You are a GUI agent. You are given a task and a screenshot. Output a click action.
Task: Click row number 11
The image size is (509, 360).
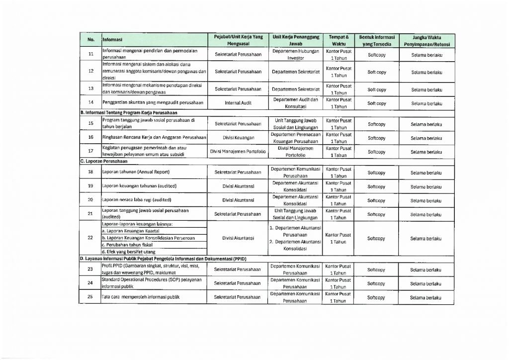coord(90,54)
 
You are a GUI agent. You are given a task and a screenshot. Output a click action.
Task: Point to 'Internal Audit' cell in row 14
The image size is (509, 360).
coord(238,103)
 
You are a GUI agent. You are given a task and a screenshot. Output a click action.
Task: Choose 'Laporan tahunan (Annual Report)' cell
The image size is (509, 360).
coord(136,172)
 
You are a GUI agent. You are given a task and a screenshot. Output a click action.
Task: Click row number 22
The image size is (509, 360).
coord(90,238)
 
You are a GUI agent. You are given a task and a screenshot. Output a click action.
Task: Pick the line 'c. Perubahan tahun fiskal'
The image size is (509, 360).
coord(126,245)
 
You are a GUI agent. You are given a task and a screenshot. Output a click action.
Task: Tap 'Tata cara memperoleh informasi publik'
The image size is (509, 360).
coord(140,297)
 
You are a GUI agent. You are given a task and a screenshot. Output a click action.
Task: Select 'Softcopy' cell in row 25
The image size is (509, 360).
coord(376,297)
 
